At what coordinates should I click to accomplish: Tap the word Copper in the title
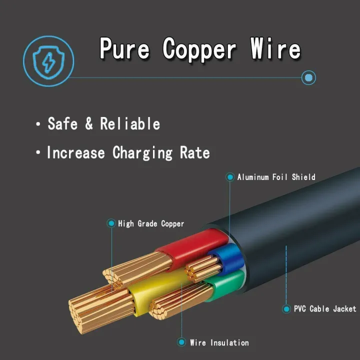(199, 49)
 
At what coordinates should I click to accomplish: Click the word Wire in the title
(275, 49)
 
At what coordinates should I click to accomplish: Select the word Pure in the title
(125, 49)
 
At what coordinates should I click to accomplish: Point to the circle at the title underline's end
(309, 77)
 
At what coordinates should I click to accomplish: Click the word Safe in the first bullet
(62, 124)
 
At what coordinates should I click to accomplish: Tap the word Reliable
(130, 124)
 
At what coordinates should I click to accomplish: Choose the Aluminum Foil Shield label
(276, 177)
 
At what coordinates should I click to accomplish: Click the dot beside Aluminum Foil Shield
(230, 177)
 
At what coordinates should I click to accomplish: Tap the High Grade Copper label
(151, 223)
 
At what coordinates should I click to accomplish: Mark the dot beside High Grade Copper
(111, 223)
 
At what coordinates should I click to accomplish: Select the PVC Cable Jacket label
(325, 309)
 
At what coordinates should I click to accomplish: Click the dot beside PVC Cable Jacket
(286, 309)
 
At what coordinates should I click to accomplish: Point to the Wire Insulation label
(219, 342)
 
